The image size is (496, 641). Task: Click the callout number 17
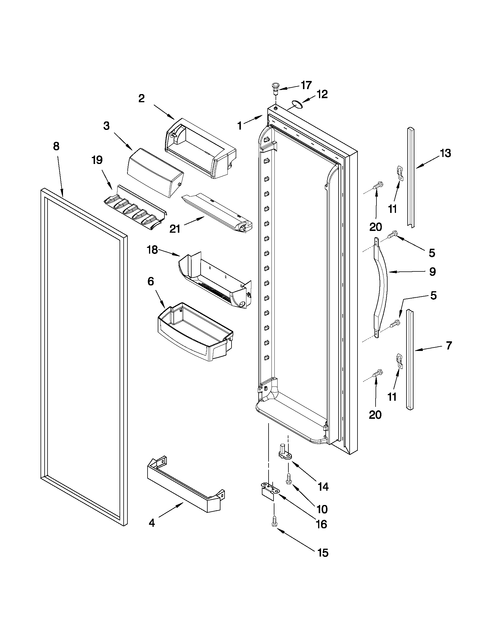tap(306, 85)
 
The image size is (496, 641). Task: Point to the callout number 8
tap(56, 146)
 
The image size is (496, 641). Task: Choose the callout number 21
tap(175, 229)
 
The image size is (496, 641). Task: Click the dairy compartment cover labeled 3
tap(155, 172)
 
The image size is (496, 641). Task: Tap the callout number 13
tap(446, 153)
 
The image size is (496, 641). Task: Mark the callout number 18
tap(153, 250)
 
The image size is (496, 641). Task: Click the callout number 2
tap(141, 99)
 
